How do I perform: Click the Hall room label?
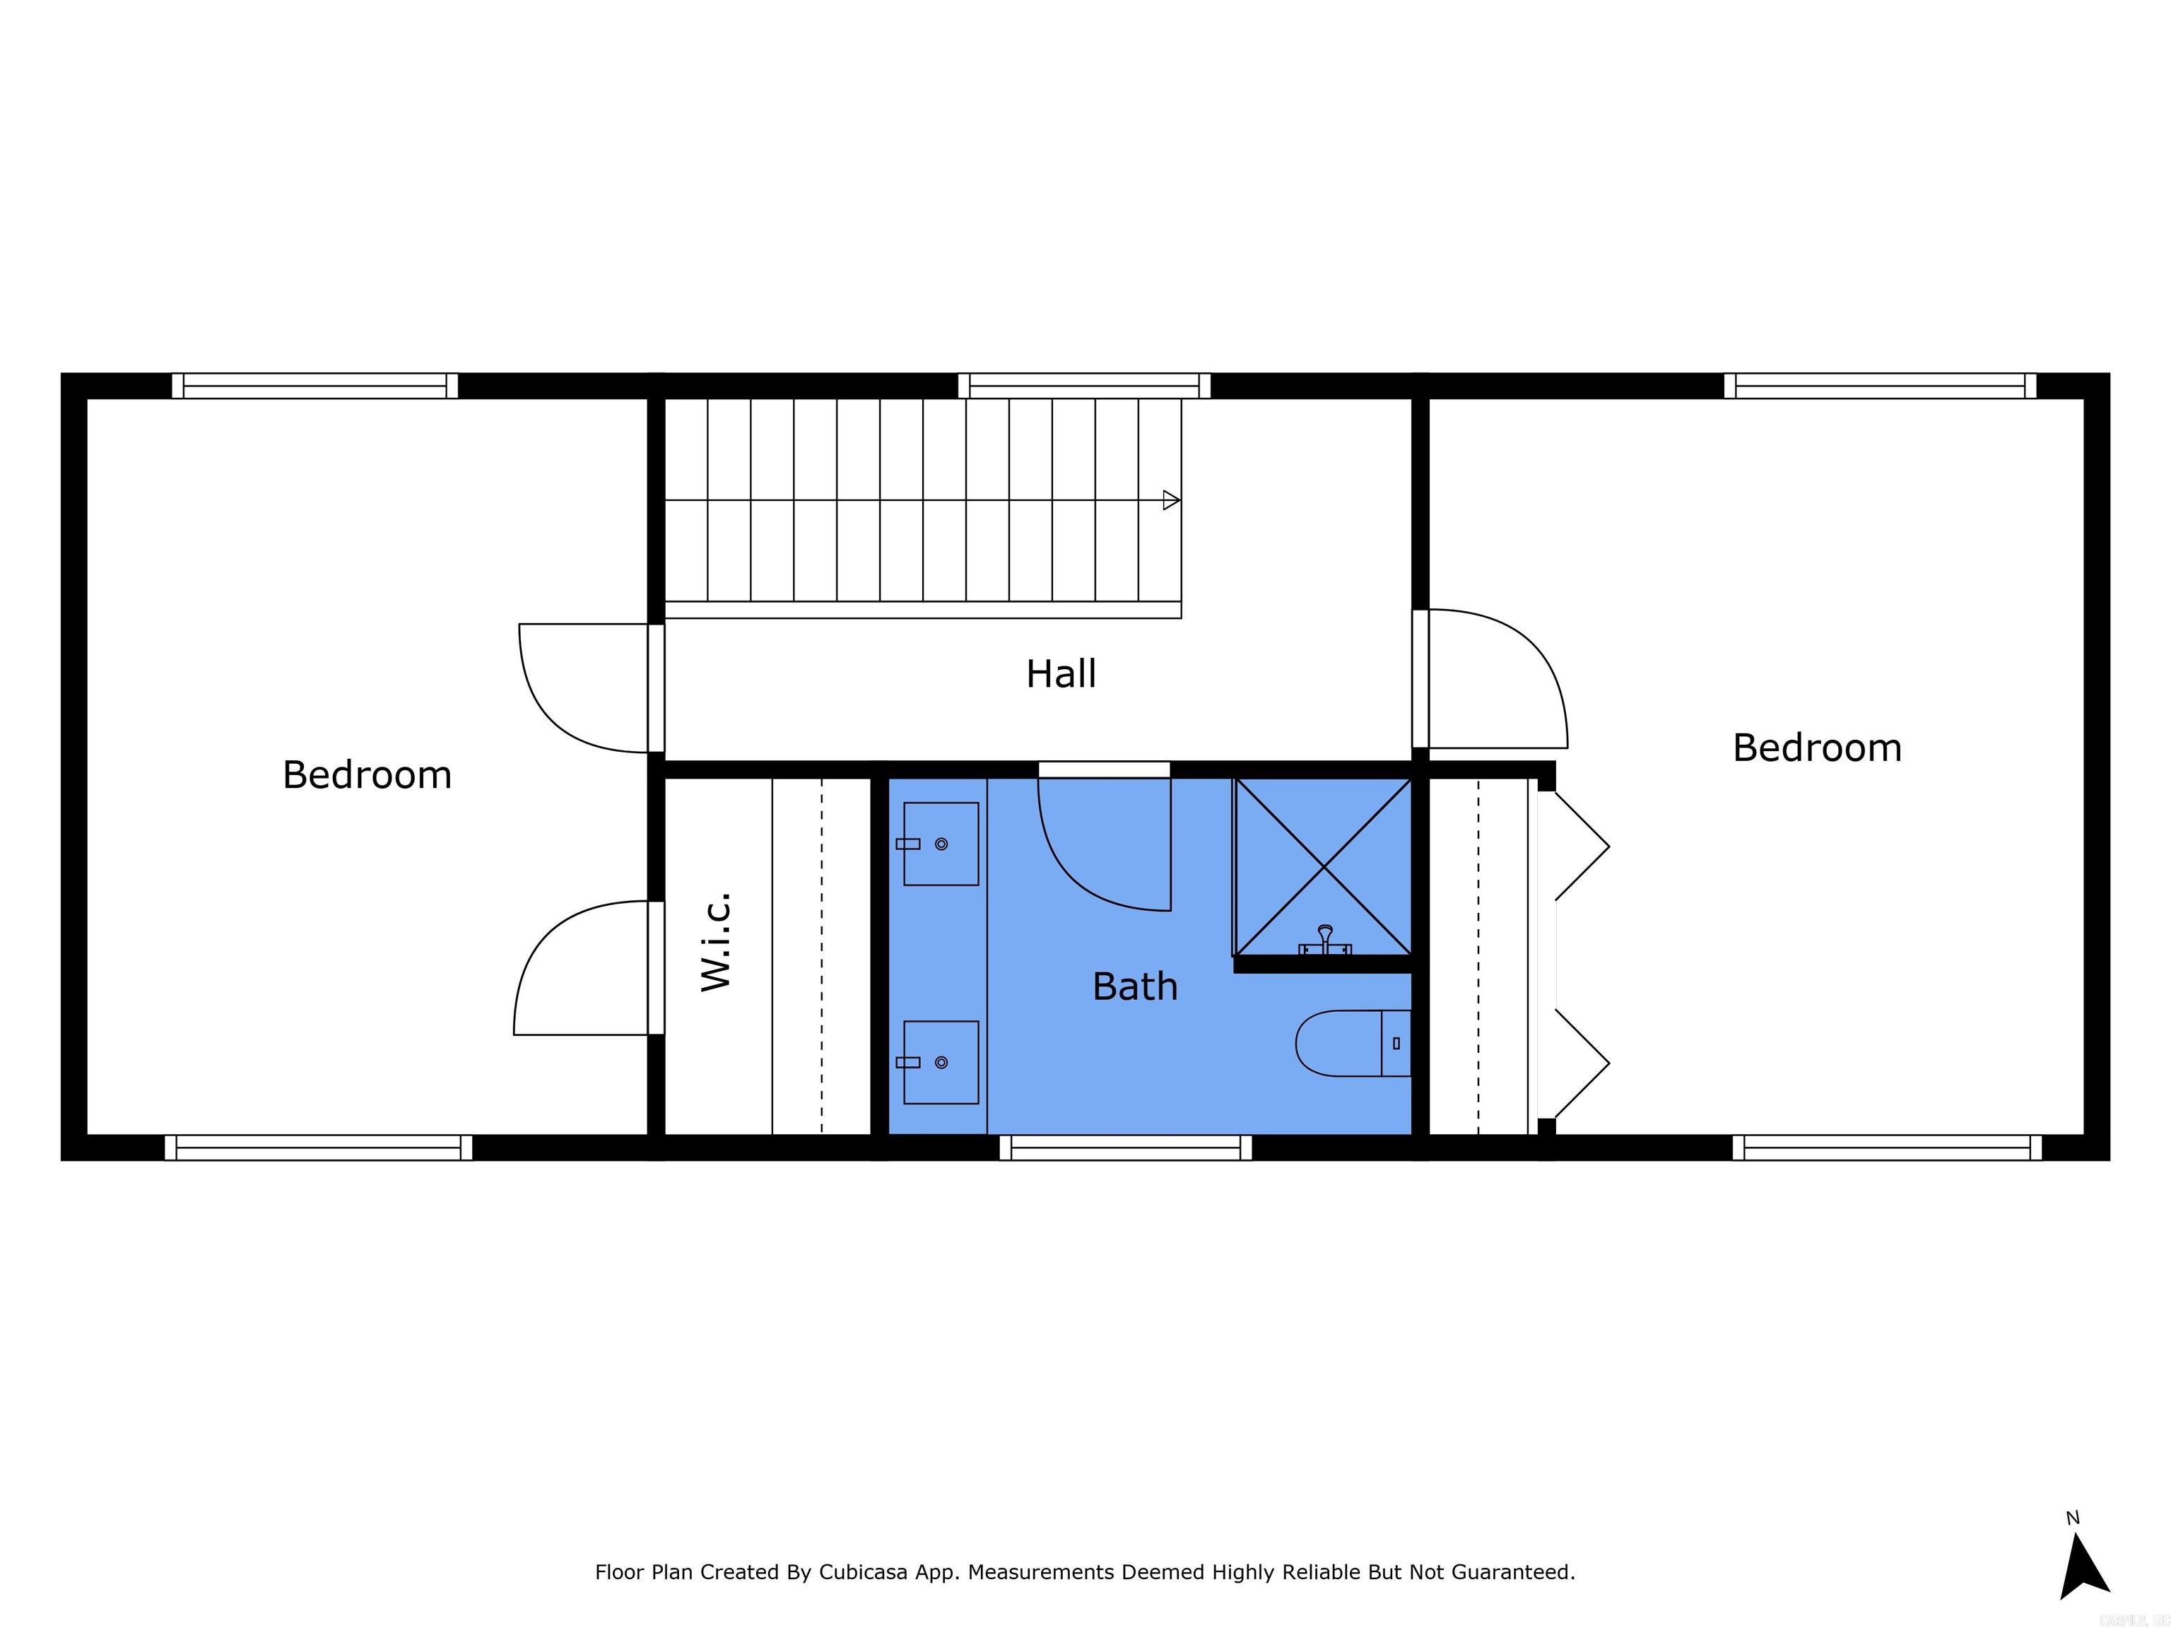click(1061, 674)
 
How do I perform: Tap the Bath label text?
click(1134, 986)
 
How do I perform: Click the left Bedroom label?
click(367, 775)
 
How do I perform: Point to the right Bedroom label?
click(1817, 748)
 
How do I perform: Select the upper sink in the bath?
click(940, 844)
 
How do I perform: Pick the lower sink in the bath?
click(940, 1062)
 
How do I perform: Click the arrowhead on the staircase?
click(1170, 500)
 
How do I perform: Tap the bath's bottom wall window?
click(1126, 1147)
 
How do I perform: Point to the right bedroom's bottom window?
click(1886, 1147)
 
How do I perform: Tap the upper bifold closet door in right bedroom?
click(1580, 846)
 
